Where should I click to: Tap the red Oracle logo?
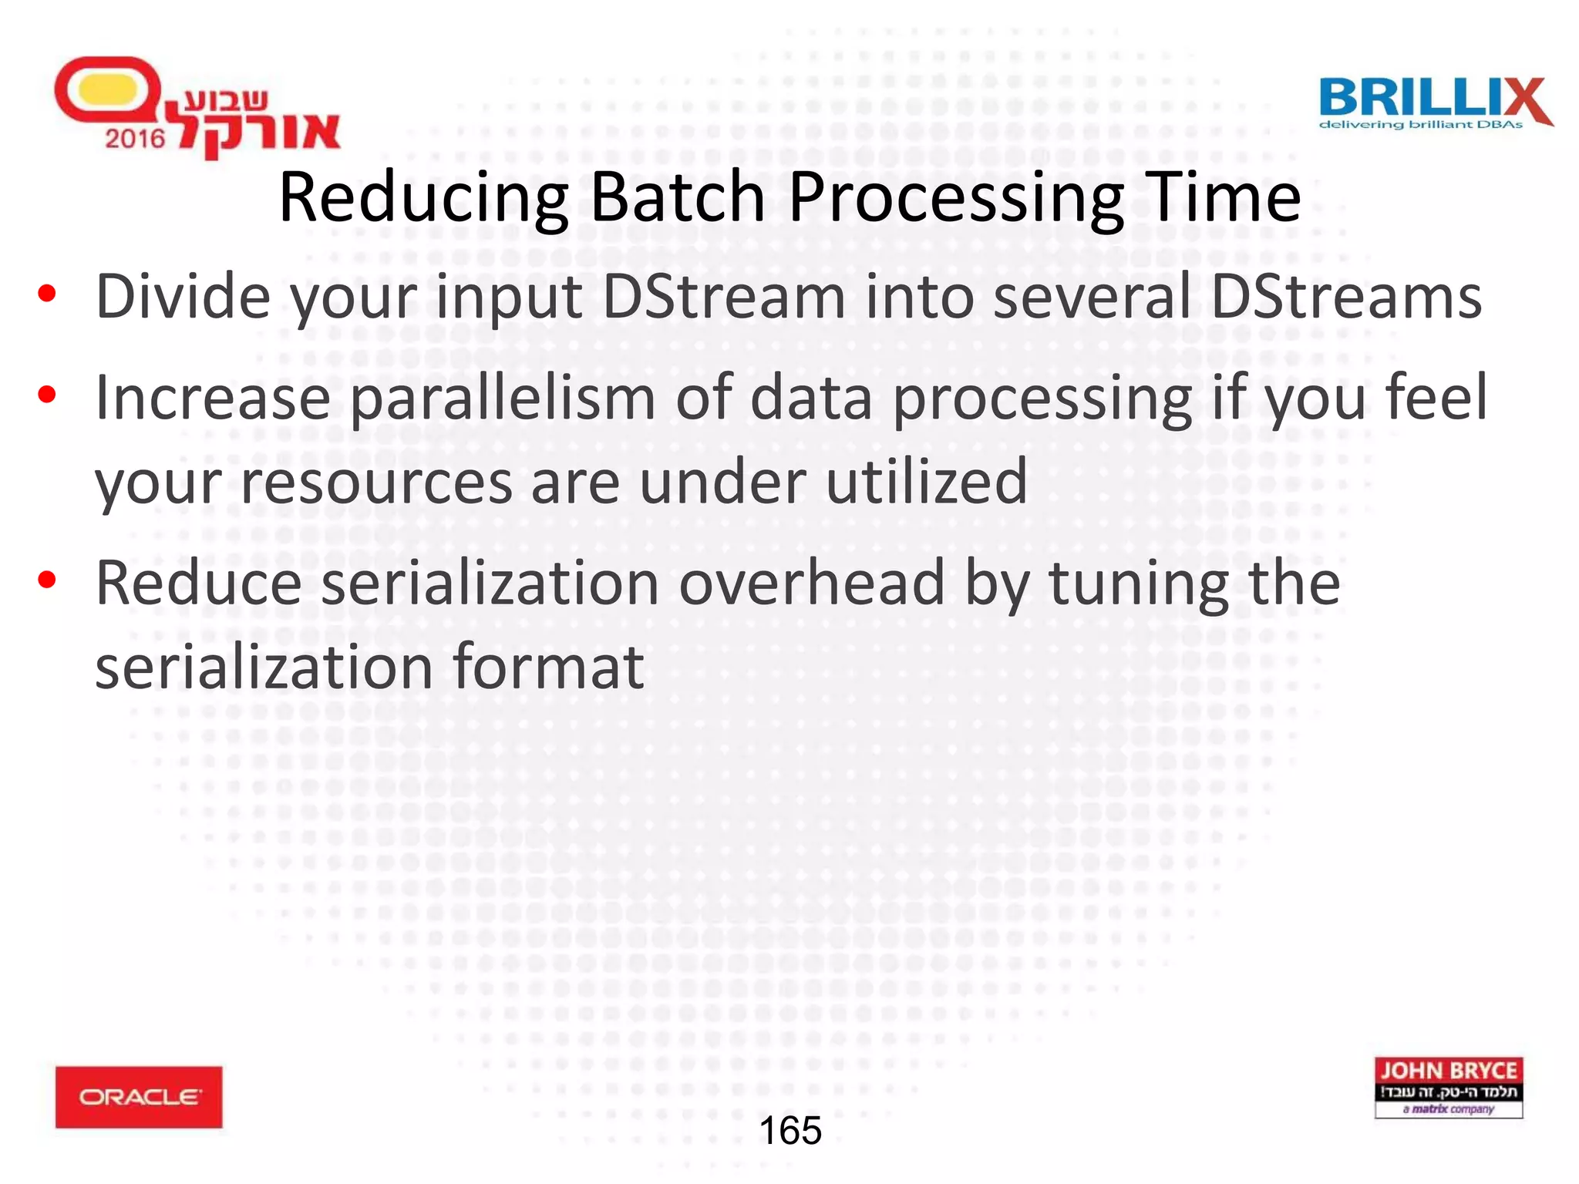[139, 1096]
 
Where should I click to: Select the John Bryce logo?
[1448, 1087]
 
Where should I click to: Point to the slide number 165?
[790, 1131]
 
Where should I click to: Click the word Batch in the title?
[678, 197]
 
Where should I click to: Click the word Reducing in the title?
[423, 199]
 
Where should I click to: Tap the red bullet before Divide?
[47, 295]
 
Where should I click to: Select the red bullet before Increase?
[47, 396]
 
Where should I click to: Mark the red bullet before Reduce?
[47, 580]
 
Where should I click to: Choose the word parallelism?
[503, 399]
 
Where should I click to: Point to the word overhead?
[812, 583]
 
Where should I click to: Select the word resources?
[376, 483]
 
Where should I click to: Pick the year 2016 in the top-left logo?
[135, 139]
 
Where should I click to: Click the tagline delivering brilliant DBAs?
[1421, 125]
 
